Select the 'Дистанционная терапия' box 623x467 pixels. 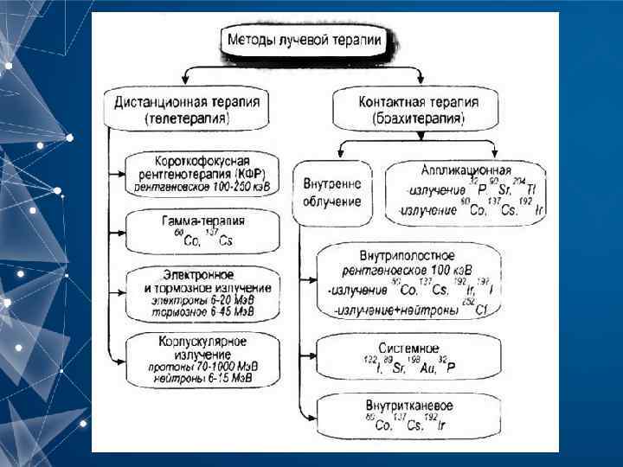[187, 108]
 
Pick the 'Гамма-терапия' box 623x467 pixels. [202, 231]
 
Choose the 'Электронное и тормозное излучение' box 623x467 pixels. [202, 292]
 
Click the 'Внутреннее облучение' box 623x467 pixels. [332, 193]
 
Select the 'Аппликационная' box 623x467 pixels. [466, 190]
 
